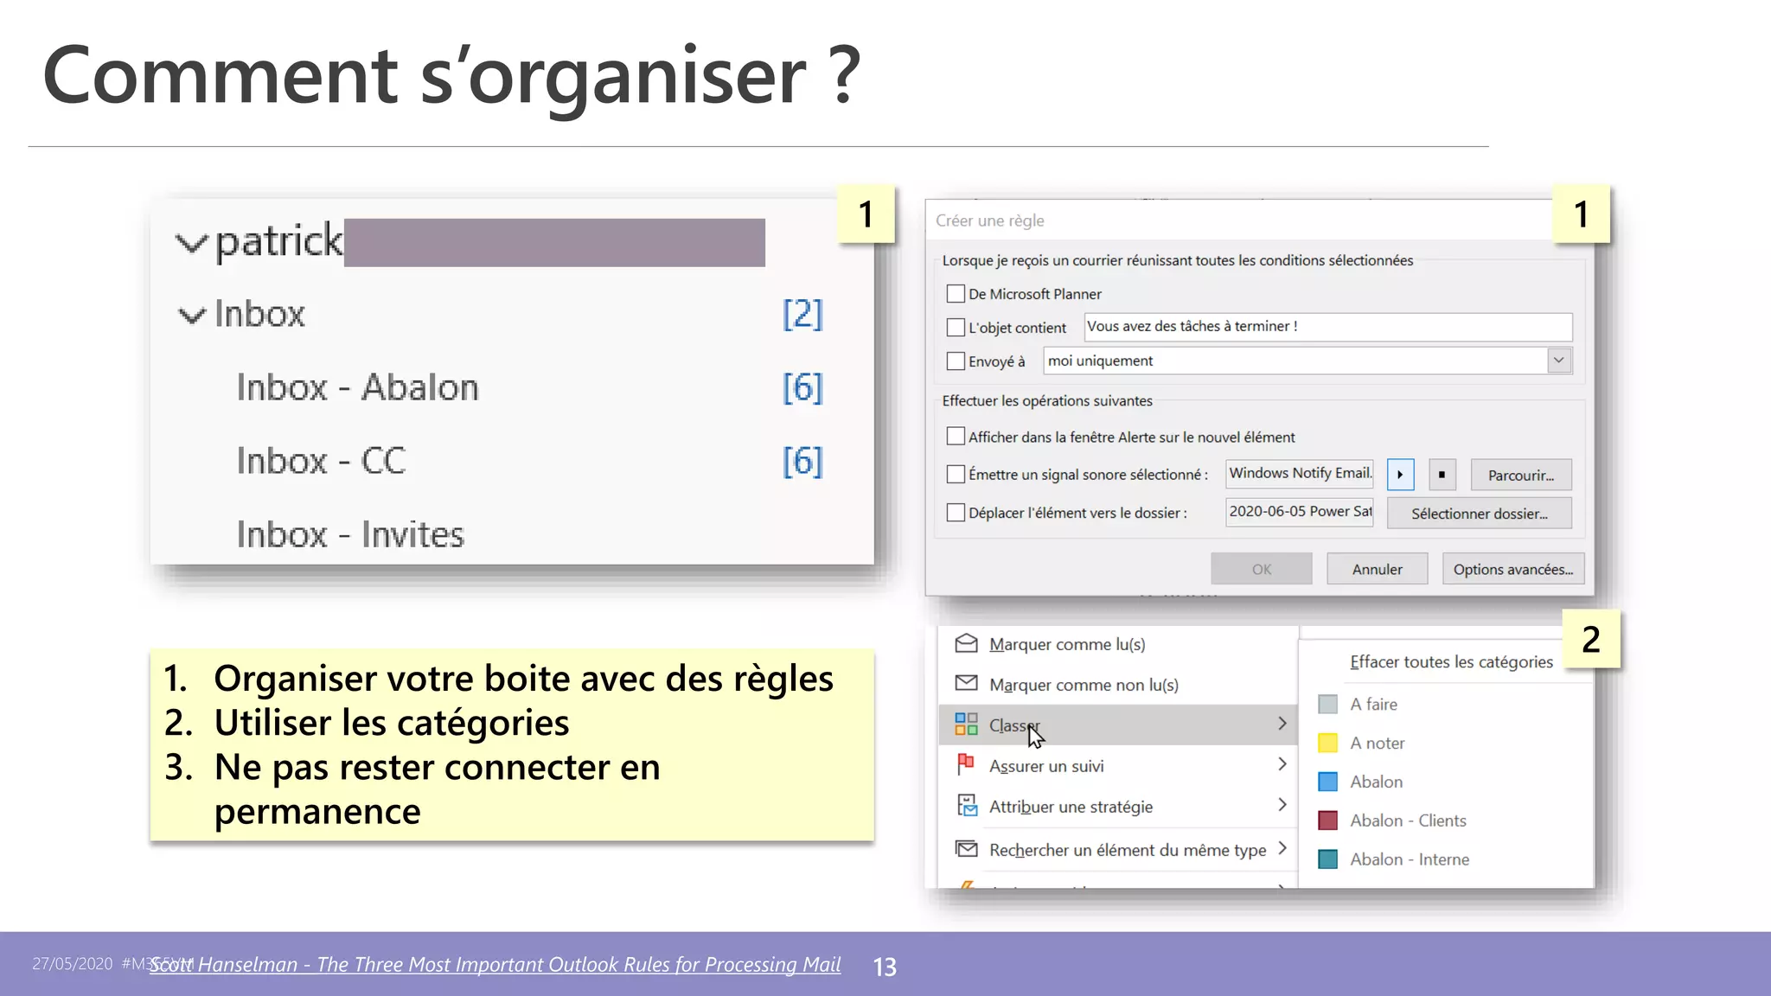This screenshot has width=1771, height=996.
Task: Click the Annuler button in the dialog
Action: coord(1377,569)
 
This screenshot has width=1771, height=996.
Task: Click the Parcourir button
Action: coord(1520,475)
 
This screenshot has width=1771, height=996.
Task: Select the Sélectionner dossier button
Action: coord(1479,513)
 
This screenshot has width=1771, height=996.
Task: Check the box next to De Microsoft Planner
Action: coord(956,294)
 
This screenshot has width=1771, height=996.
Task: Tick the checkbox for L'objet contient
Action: coord(956,328)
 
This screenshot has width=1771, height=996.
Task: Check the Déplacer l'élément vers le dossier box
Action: coord(956,513)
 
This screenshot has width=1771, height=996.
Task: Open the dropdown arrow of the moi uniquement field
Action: coord(1558,361)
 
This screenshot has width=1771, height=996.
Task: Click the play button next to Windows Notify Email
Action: coord(1400,475)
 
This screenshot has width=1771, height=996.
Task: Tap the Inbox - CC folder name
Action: coord(321,461)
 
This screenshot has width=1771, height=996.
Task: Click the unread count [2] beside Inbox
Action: coord(802,314)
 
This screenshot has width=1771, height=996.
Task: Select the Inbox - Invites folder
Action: coord(350,534)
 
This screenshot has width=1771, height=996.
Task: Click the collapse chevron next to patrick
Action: coord(191,243)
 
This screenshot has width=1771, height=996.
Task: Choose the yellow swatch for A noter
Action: coord(1327,743)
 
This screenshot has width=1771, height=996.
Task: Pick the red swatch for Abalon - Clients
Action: coord(1327,820)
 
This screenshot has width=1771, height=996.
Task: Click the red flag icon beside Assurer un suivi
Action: coord(966,764)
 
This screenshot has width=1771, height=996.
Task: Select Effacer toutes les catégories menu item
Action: coord(1450,662)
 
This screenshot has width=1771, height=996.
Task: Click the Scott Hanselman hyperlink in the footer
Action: coord(495,965)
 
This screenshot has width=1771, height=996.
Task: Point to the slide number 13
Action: coord(885,967)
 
